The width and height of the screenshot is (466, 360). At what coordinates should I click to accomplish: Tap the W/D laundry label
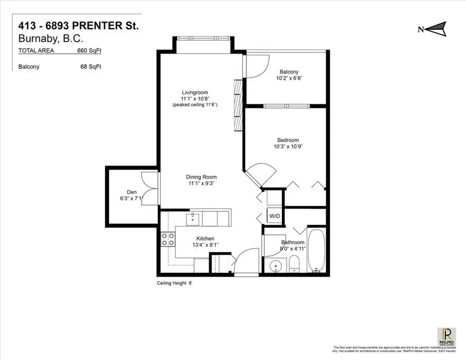[274, 216]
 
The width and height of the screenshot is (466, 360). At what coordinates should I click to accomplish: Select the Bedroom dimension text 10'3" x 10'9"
[288, 147]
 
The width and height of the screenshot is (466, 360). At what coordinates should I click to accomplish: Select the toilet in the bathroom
[295, 265]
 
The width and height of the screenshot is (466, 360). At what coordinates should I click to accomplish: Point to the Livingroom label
[195, 93]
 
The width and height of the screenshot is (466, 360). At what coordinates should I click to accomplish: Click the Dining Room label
[202, 177]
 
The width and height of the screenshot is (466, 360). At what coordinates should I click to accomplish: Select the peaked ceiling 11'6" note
[195, 105]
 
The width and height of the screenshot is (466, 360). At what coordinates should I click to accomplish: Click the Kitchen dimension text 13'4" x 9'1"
[205, 245]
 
